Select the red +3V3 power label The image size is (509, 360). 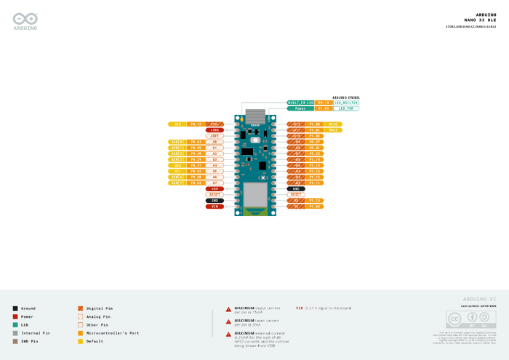point(215,130)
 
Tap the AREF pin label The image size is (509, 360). point(215,136)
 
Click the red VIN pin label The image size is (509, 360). point(215,207)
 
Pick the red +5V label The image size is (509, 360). point(215,189)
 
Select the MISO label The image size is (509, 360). point(333,124)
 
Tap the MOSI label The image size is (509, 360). point(333,130)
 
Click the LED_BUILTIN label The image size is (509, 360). point(346,103)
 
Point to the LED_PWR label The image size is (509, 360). point(346,108)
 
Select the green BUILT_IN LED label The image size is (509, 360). point(300,103)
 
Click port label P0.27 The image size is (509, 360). point(314,142)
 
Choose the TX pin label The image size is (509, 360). point(297,207)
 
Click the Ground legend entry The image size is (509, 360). point(28,308)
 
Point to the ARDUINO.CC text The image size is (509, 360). point(479,299)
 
